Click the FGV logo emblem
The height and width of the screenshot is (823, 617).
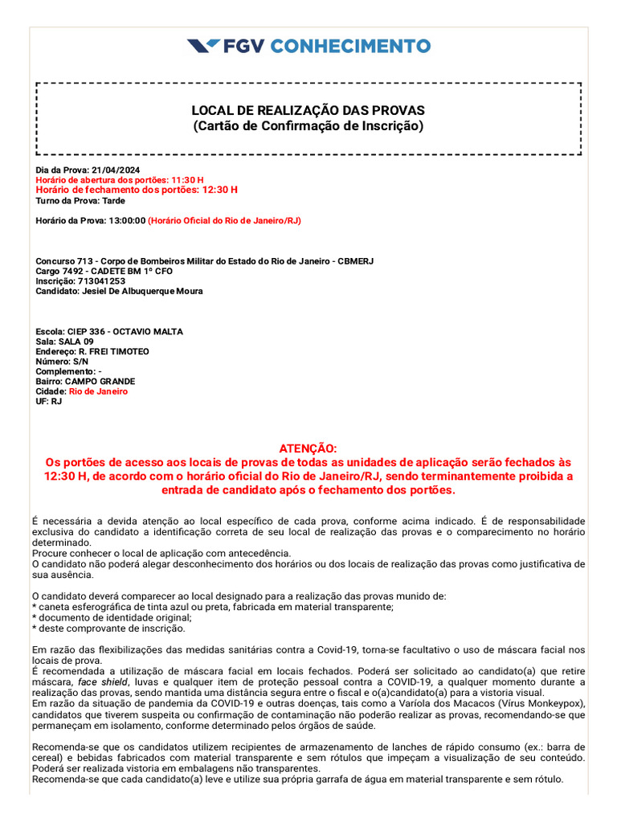(203, 46)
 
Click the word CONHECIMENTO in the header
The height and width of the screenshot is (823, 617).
(349, 46)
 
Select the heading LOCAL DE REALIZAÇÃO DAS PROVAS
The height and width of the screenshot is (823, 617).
(308, 110)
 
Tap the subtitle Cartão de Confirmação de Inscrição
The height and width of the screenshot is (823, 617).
(308, 126)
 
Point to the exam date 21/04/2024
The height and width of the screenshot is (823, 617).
(115, 170)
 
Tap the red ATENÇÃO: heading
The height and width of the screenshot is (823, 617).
(308, 448)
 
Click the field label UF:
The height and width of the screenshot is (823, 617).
(42, 401)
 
